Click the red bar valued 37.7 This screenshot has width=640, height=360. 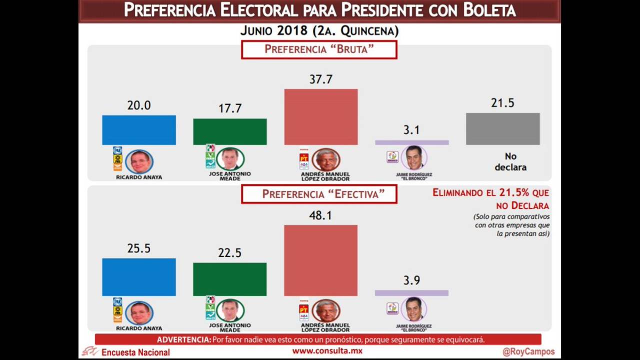pos(321,117)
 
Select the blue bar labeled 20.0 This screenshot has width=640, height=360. pos(139,130)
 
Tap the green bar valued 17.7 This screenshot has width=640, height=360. pos(230,131)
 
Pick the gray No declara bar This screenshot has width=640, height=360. pos(502,129)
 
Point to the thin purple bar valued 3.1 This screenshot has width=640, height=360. pos(411,142)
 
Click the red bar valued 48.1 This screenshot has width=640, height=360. pos(320,260)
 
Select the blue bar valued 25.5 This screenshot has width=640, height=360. pos(139,277)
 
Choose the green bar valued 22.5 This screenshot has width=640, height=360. pos(230,279)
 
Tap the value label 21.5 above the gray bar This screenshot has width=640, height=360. pos(502,103)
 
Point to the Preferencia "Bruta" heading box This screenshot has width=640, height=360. pos(319,49)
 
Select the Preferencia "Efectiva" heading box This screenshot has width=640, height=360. pos(319,194)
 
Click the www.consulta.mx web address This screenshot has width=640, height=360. pos(327,351)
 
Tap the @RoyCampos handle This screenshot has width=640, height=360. pos(528,351)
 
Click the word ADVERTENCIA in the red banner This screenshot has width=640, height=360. pos(183,340)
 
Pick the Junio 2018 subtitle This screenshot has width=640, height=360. pos(319,31)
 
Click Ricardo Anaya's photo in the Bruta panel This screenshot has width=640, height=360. pos(139,161)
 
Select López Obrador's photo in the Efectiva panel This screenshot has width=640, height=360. pos(326,310)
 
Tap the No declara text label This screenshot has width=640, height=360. pos(510,162)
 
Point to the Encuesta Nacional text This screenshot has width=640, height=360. pos(135,352)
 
